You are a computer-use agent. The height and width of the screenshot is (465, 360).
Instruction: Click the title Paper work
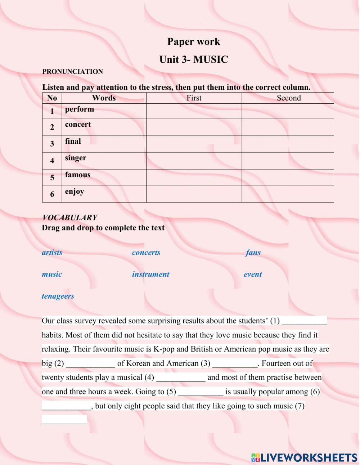[x=193, y=42]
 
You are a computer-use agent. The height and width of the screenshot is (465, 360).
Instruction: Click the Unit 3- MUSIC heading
[x=193, y=59]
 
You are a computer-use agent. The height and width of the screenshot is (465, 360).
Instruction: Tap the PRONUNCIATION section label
[x=72, y=72]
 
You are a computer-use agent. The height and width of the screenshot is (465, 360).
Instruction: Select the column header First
[x=194, y=98]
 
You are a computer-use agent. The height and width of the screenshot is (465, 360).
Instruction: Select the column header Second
[x=288, y=98]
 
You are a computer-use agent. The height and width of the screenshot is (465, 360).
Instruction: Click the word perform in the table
[x=79, y=109]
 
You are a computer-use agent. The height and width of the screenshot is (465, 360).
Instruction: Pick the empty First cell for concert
[x=194, y=127]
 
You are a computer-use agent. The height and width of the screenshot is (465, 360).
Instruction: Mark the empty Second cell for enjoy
[x=287, y=194]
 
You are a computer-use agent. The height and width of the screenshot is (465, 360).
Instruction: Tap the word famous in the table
[x=77, y=175]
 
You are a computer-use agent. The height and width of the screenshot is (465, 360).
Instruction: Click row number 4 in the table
[x=52, y=161]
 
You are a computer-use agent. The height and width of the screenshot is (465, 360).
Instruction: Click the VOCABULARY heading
[x=69, y=218]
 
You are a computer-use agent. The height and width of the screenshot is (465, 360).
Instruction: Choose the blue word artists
[x=52, y=252]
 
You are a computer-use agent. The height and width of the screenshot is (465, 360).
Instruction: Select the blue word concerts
[x=146, y=252]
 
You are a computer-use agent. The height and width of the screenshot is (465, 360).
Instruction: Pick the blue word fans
[x=253, y=252]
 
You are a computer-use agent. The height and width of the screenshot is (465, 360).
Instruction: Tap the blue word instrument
[x=150, y=274]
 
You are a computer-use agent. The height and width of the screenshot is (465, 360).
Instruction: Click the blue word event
[x=253, y=274]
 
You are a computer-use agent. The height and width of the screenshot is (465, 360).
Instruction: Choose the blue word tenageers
[x=58, y=296]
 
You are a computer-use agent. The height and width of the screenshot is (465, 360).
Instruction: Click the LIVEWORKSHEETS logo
[x=304, y=457]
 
